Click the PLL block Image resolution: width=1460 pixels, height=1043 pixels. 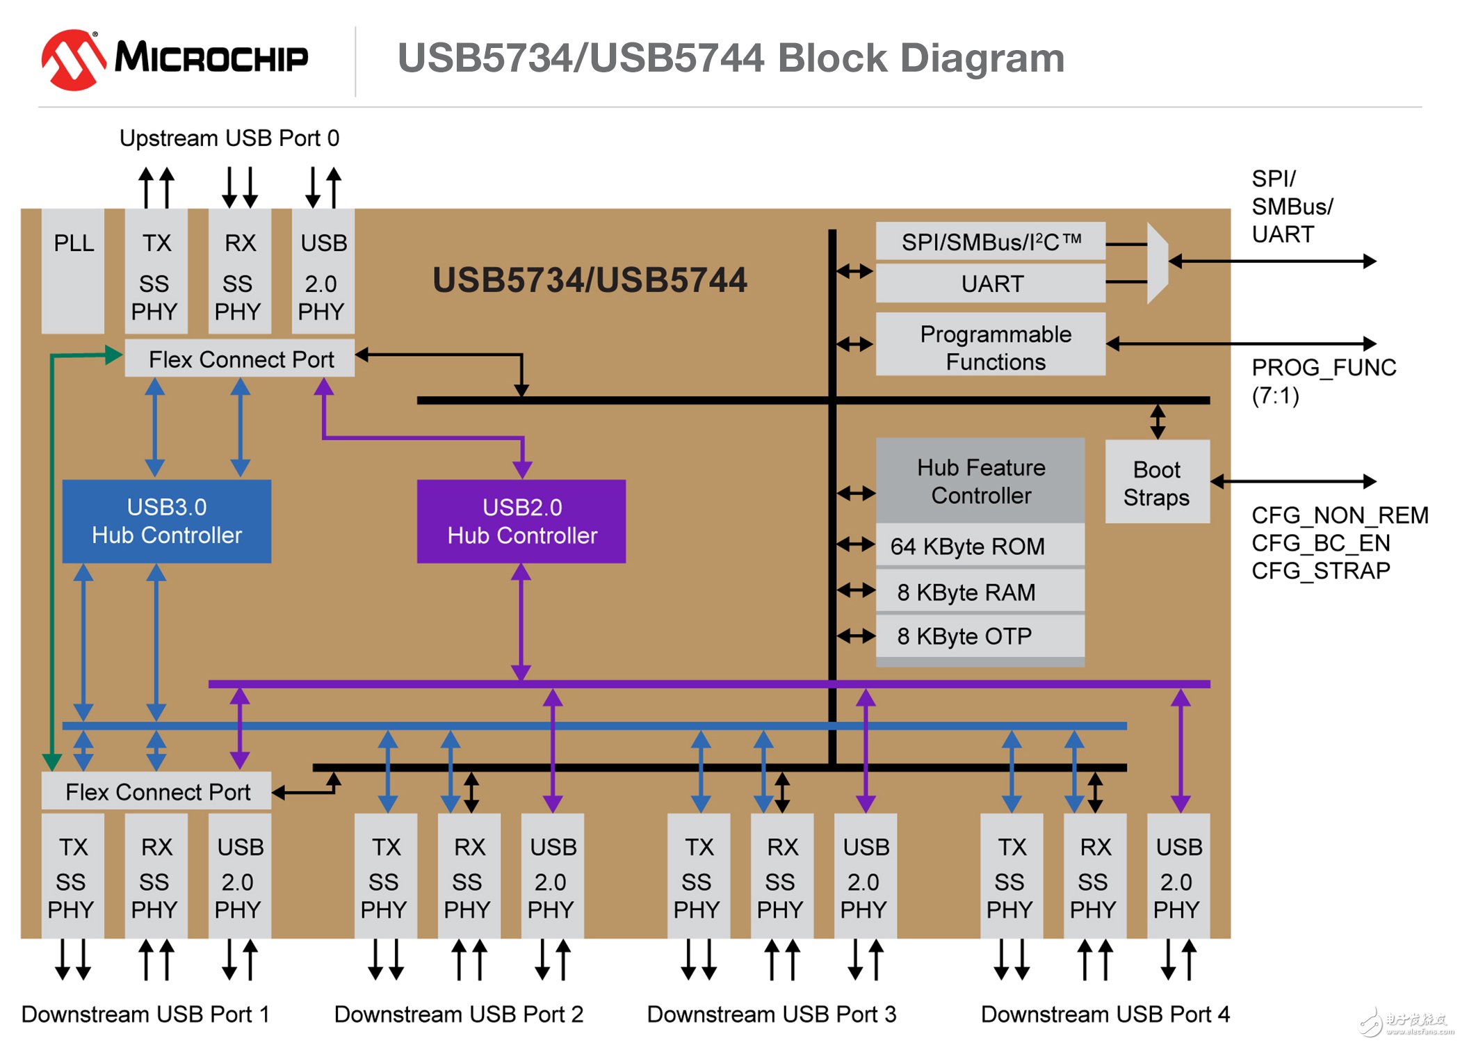[73, 271]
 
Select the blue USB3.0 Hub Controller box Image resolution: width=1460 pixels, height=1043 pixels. [167, 521]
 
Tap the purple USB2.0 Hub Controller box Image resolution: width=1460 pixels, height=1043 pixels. [521, 521]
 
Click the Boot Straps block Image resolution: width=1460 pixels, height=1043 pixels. [1157, 482]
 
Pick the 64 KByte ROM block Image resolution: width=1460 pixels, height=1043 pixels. [980, 546]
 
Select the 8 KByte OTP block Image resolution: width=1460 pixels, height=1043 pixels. [980, 636]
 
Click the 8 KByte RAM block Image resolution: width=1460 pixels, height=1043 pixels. [980, 592]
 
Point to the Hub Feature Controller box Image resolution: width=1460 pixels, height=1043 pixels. [980, 480]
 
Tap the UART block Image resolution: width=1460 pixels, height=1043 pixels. [991, 284]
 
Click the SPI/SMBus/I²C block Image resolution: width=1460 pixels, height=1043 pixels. [991, 242]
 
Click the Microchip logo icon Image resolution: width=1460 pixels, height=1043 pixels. [74, 59]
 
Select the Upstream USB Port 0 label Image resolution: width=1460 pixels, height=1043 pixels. [229, 138]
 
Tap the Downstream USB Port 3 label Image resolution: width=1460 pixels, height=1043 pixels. [772, 1014]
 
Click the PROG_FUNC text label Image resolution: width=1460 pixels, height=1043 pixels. [1324, 367]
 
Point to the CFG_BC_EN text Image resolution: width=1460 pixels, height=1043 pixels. [1320, 542]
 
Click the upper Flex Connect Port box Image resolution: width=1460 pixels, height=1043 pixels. [240, 359]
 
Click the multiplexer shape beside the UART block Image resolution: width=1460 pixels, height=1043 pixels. [1157, 263]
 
